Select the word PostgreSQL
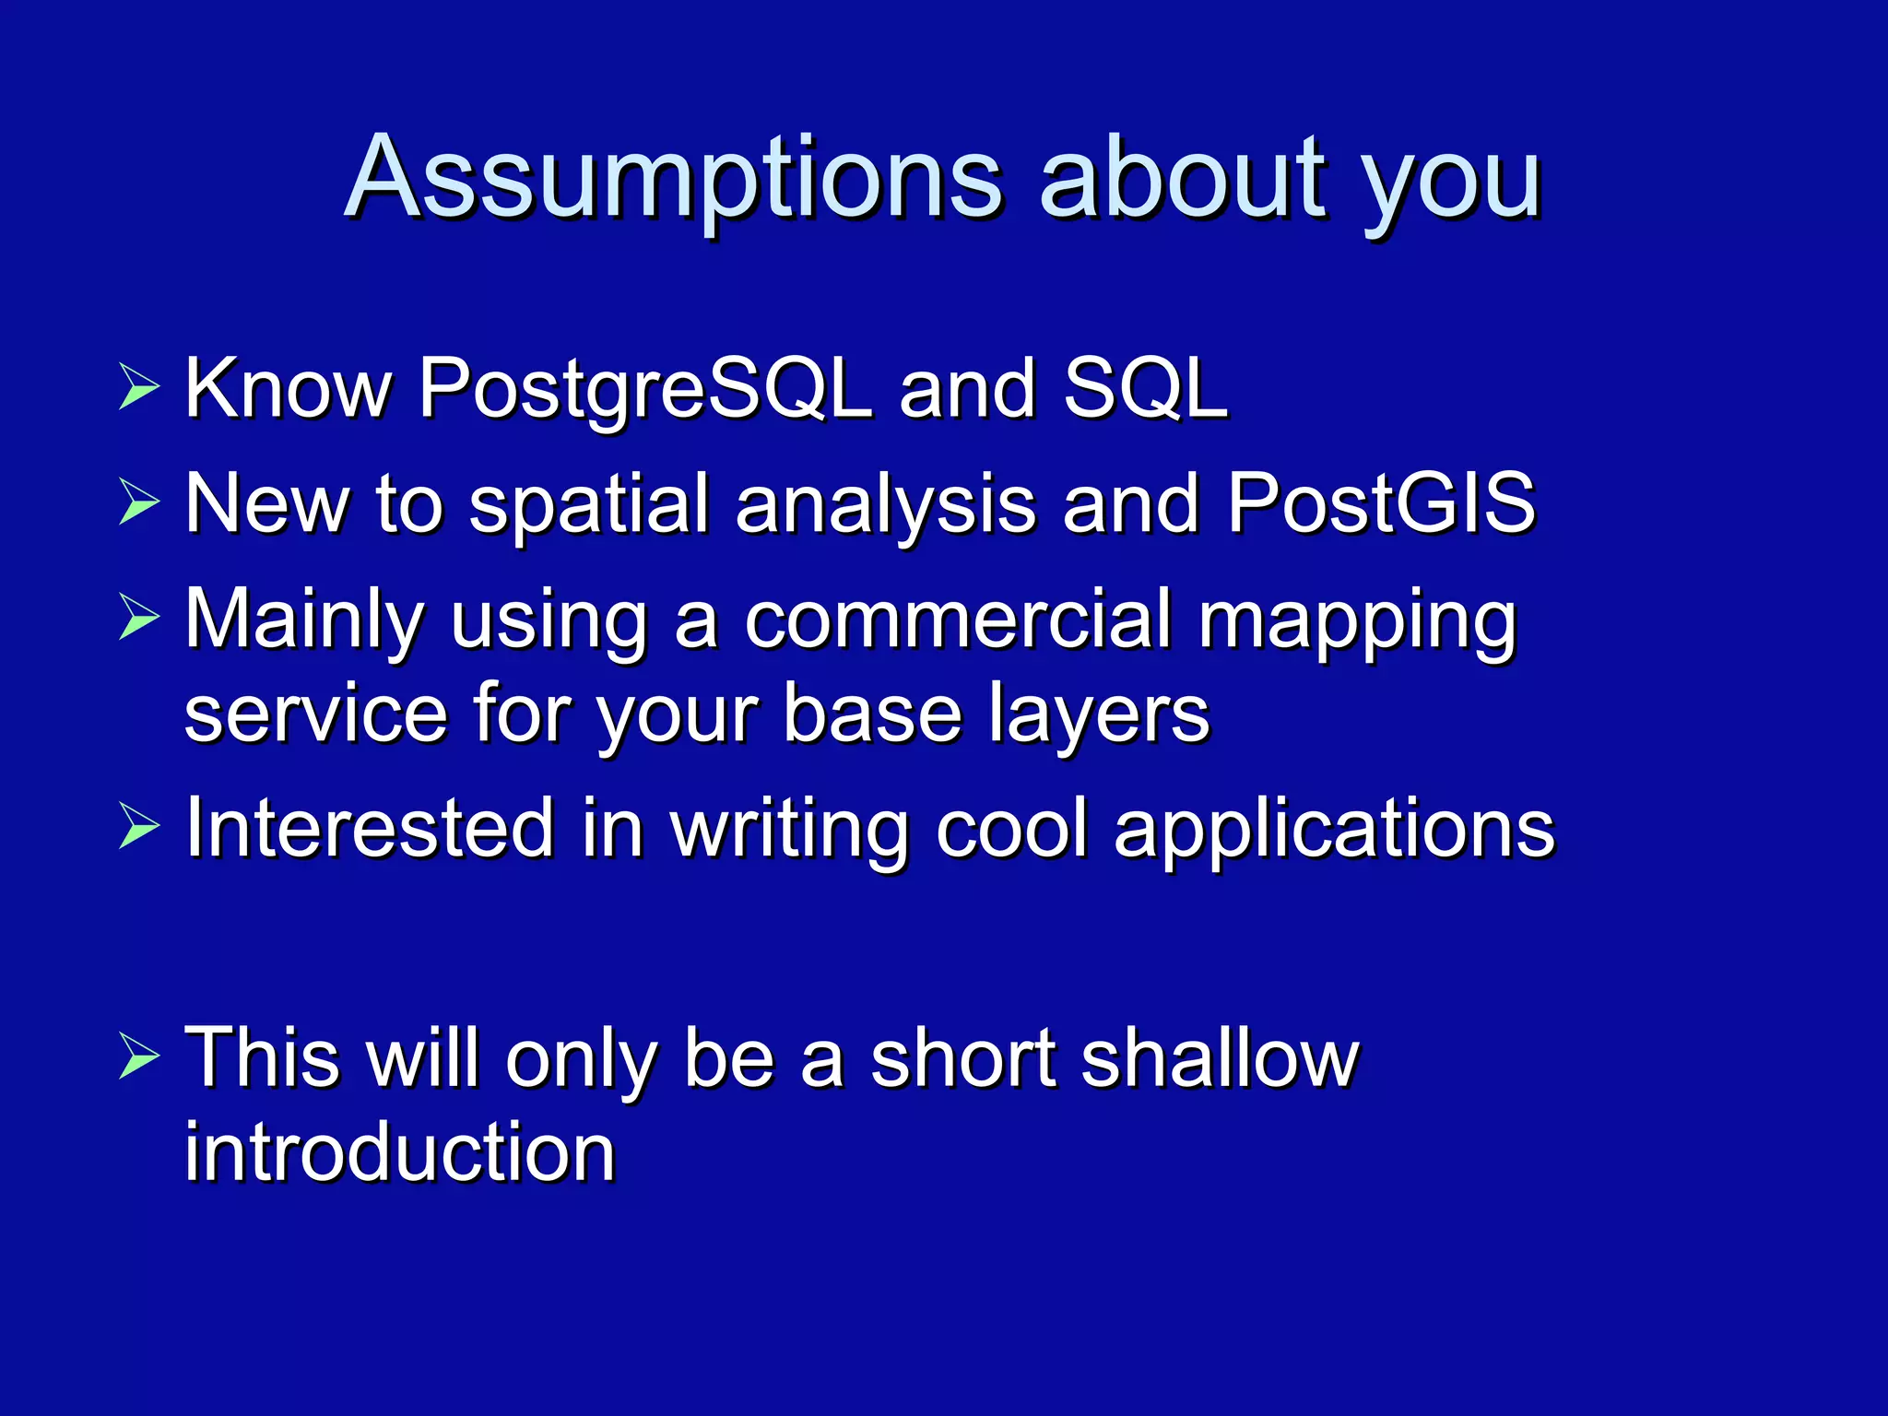644,390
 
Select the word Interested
369,828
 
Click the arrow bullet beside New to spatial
139,502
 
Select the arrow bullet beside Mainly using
139,618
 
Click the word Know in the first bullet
288,390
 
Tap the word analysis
885,505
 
